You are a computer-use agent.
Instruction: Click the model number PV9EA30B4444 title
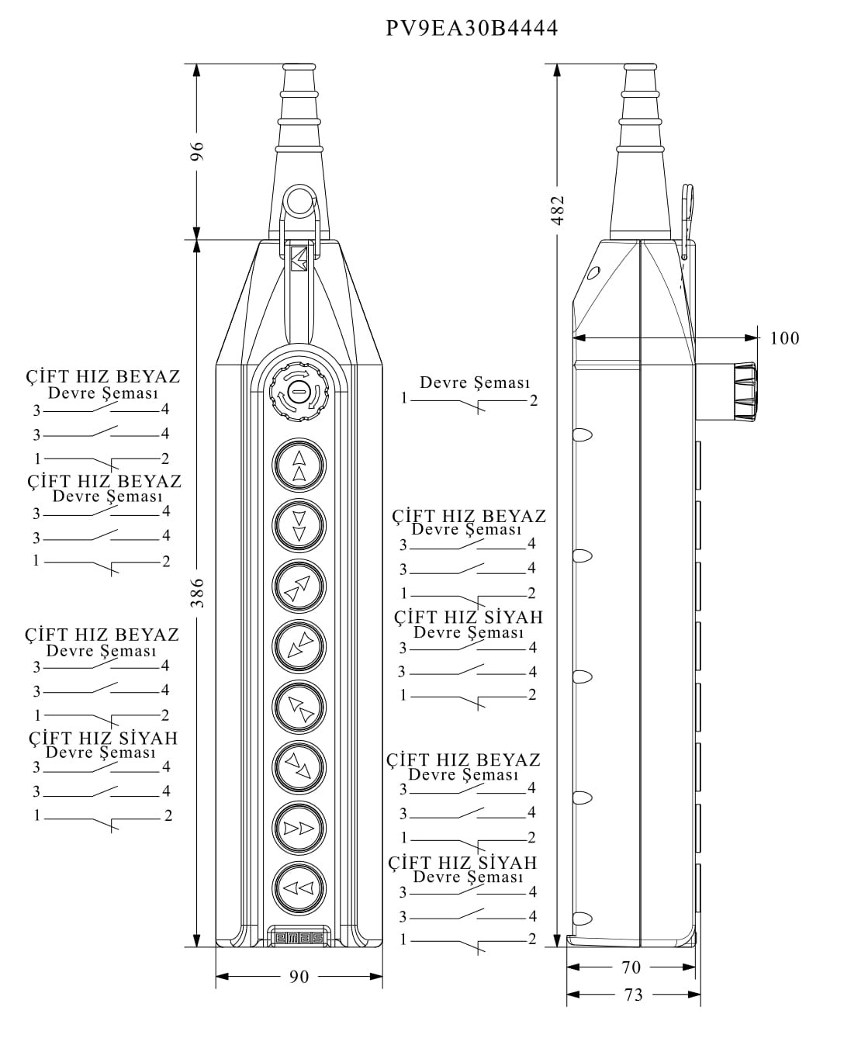point(472,29)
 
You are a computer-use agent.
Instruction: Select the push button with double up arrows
point(299,465)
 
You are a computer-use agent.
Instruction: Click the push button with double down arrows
point(299,525)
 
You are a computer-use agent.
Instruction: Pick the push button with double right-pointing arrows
point(299,828)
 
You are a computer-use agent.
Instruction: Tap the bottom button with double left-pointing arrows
point(299,888)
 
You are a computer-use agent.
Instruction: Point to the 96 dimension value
point(198,151)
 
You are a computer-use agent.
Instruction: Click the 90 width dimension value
point(299,977)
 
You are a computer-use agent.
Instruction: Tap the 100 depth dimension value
point(784,338)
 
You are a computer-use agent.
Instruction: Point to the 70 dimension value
point(631,967)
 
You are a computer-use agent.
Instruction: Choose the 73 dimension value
point(634,995)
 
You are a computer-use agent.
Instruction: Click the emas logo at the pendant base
point(299,938)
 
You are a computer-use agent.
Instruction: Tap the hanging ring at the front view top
point(299,202)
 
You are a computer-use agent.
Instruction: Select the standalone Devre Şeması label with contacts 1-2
point(474,382)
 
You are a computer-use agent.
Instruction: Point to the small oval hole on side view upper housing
point(594,272)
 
